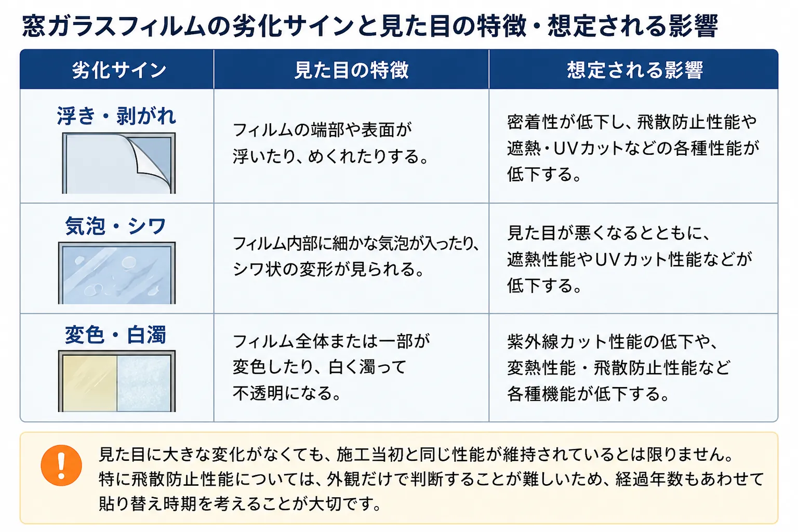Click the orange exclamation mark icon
[61, 465]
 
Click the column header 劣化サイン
[119, 70]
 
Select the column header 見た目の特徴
[351, 70]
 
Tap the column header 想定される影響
[635, 70]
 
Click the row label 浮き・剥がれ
[116, 116]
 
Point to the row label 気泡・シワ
[115, 226]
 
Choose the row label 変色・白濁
[115, 335]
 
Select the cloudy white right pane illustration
[144, 383]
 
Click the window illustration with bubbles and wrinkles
[117, 273]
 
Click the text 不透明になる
[283, 393]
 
